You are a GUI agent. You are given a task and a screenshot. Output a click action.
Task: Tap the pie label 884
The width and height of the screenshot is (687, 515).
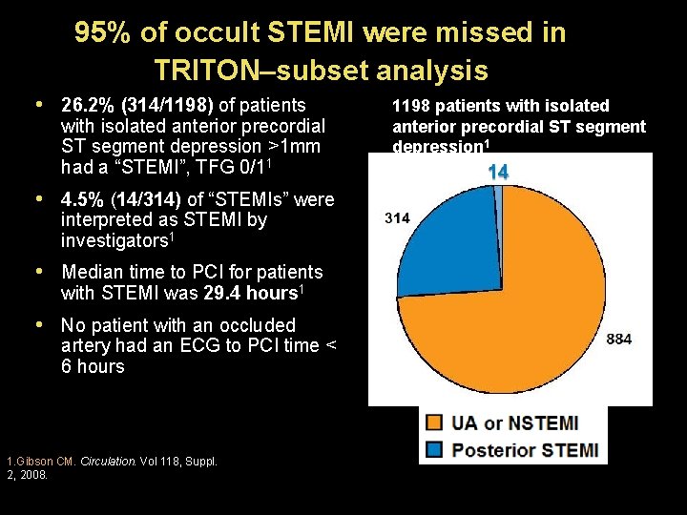618,340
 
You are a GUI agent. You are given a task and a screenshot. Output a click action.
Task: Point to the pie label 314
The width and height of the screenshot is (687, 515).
397,218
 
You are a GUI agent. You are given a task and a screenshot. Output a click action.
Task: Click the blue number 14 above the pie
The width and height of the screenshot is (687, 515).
497,172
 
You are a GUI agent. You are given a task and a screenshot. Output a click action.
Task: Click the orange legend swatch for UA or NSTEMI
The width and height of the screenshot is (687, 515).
435,422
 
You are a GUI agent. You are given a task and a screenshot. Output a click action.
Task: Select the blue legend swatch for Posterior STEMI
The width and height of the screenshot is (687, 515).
435,449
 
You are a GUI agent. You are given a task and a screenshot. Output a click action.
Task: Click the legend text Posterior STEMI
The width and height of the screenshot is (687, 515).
525,449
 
